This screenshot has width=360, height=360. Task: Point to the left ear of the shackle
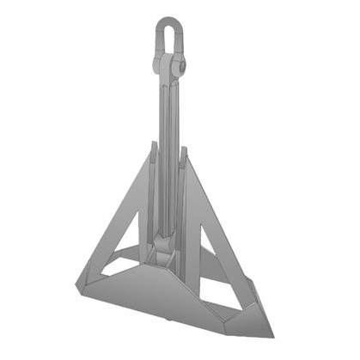156,63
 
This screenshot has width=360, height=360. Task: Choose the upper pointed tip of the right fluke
183,151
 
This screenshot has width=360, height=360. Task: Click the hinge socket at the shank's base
163,257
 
